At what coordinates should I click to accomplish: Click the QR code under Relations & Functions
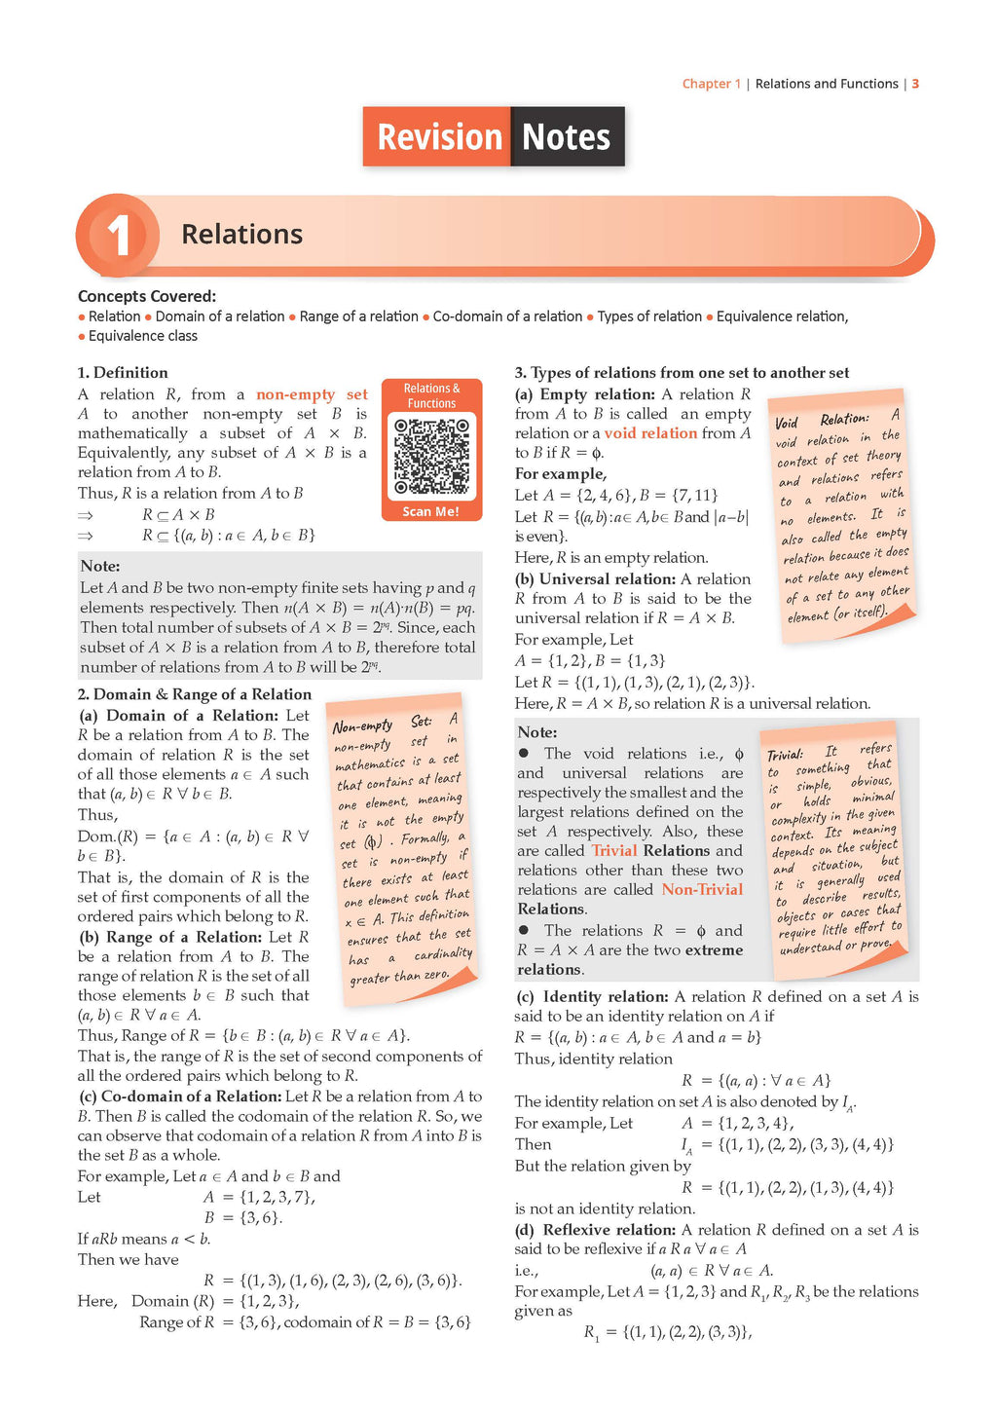[x=431, y=457]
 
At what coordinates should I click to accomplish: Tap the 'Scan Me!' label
[x=431, y=511]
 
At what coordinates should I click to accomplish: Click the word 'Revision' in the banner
[x=439, y=137]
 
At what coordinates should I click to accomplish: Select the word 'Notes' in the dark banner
[x=566, y=137]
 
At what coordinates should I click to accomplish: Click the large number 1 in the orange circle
[x=119, y=237]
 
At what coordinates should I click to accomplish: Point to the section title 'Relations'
[x=241, y=235]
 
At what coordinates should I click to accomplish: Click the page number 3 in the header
[x=915, y=84]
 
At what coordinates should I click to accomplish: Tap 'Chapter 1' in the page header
[x=711, y=84]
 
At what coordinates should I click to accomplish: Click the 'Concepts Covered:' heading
[x=147, y=296]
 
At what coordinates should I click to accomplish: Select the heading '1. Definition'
[x=123, y=372]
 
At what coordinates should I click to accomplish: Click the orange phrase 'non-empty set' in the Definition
[x=312, y=394]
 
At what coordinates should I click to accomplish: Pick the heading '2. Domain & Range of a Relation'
[x=195, y=694]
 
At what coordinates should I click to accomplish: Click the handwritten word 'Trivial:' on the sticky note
[x=785, y=756]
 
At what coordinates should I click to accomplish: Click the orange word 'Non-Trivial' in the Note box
[x=702, y=889]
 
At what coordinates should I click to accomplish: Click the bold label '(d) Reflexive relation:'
[x=596, y=1230]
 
